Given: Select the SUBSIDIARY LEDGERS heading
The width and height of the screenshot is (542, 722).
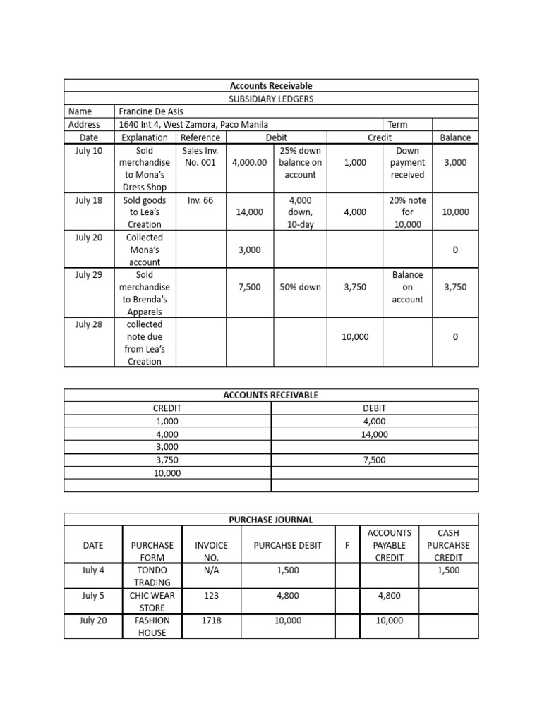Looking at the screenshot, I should [x=271, y=99].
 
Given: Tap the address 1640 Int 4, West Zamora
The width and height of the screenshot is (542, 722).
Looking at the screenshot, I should [x=193, y=124].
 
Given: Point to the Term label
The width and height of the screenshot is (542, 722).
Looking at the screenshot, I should [x=397, y=124].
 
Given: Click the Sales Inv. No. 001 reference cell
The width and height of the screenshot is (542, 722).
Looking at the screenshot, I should [x=200, y=157].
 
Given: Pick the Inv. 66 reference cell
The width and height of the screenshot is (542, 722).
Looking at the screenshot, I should [x=200, y=200].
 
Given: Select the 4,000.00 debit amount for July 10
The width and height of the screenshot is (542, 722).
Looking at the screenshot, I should [x=250, y=163].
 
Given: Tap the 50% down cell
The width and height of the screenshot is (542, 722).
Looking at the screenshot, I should [x=300, y=287].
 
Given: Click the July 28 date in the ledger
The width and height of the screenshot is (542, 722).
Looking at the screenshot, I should [x=89, y=324].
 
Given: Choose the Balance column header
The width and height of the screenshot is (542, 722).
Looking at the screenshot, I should [x=455, y=137].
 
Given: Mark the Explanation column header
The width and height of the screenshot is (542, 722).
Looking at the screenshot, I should [x=145, y=137].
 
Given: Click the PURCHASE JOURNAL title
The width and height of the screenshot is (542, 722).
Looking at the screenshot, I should [x=271, y=520].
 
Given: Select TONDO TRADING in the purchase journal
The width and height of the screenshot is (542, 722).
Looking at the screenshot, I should [x=152, y=576].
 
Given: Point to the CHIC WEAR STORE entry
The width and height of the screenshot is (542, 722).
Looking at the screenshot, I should [x=152, y=601].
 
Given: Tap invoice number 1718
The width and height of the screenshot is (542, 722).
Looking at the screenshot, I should [x=212, y=620].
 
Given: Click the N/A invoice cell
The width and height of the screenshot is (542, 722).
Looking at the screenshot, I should [x=212, y=570].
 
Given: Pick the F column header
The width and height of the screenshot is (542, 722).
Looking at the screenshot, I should [x=347, y=545].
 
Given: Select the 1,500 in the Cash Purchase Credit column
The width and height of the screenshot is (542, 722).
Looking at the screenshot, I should [x=449, y=570].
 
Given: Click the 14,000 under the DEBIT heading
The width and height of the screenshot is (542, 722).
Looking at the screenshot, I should [x=375, y=434].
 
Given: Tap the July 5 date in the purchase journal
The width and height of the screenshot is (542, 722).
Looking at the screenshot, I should [x=93, y=595].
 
